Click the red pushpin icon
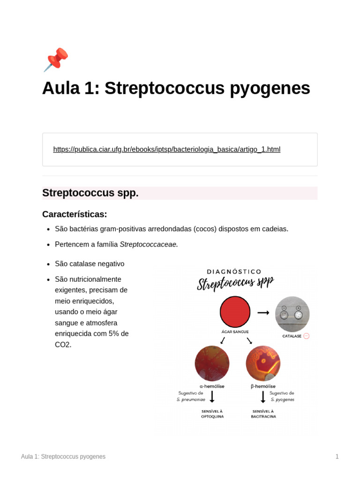56,60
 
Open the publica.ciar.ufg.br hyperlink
166,150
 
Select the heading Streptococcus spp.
90,193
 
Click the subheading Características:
75,214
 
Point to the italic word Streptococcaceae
149,244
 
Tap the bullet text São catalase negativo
90,264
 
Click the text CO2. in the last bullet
63,345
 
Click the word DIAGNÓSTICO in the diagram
234,271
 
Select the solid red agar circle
235,312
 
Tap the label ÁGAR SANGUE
235,332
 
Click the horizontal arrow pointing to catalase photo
263,313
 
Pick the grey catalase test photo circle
292,314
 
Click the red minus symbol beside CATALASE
307,336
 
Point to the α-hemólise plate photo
212,363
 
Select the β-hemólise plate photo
263,363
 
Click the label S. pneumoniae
191,400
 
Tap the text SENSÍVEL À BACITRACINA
263,414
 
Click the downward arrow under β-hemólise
263,397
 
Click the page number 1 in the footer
337,457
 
